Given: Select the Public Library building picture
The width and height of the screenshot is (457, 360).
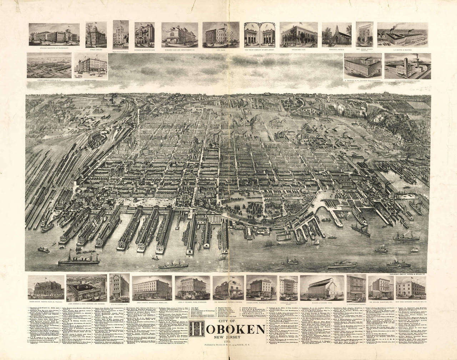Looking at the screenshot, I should tap(95, 34).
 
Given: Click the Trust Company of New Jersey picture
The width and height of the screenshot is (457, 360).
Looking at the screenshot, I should tap(259, 35).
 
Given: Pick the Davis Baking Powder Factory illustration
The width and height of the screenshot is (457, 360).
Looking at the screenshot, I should tap(406, 67).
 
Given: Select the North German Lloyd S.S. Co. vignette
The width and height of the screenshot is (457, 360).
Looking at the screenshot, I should tap(49, 66).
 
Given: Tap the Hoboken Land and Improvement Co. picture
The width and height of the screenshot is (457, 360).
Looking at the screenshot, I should tap(180, 34).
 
